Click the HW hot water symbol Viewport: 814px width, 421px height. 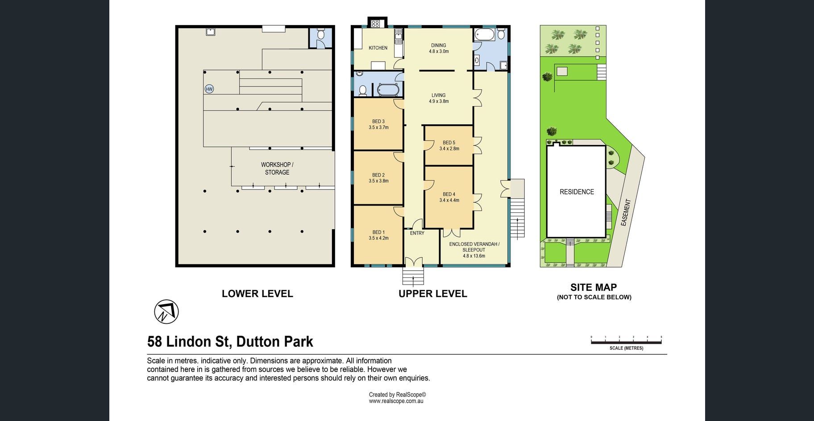pos(209,89)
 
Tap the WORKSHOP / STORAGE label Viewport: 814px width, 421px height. pos(277,169)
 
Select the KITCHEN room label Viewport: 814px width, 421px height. pos(378,48)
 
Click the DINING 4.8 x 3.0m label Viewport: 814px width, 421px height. pos(439,48)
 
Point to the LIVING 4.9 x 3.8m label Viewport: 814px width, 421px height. pos(439,98)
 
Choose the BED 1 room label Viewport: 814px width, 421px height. pos(378,235)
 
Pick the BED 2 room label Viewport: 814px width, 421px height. pos(378,178)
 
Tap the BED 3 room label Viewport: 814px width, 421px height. pos(378,124)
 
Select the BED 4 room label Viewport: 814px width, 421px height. pos(449,197)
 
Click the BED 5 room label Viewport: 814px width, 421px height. pos(449,145)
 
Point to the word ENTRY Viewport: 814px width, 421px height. pos(417,233)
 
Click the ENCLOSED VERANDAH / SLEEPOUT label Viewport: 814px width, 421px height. pos(474,250)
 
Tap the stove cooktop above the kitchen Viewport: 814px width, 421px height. pos(375,23)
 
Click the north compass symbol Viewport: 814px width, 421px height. pos(166,312)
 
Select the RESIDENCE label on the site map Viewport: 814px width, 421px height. pos(577,192)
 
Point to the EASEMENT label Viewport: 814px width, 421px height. pos(626,212)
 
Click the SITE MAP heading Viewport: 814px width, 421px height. pos(594,288)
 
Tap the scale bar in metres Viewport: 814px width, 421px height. pos(626,342)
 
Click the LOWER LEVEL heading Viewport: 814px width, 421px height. pos(257,294)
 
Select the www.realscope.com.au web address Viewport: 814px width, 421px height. pos(396,401)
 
